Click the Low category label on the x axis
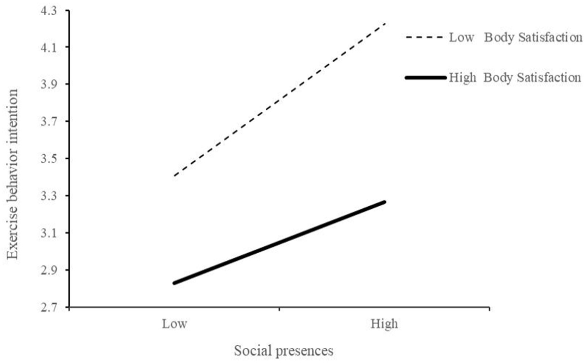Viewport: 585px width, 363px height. click(x=174, y=323)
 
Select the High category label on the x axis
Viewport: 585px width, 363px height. click(x=384, y=323)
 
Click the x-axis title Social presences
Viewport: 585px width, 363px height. click(x=284, y=351)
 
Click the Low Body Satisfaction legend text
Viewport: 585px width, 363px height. click(x=515, y=38)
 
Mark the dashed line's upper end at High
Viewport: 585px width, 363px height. click(x=384, y=24)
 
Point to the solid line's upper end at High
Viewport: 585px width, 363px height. click(x=384, y=202)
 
